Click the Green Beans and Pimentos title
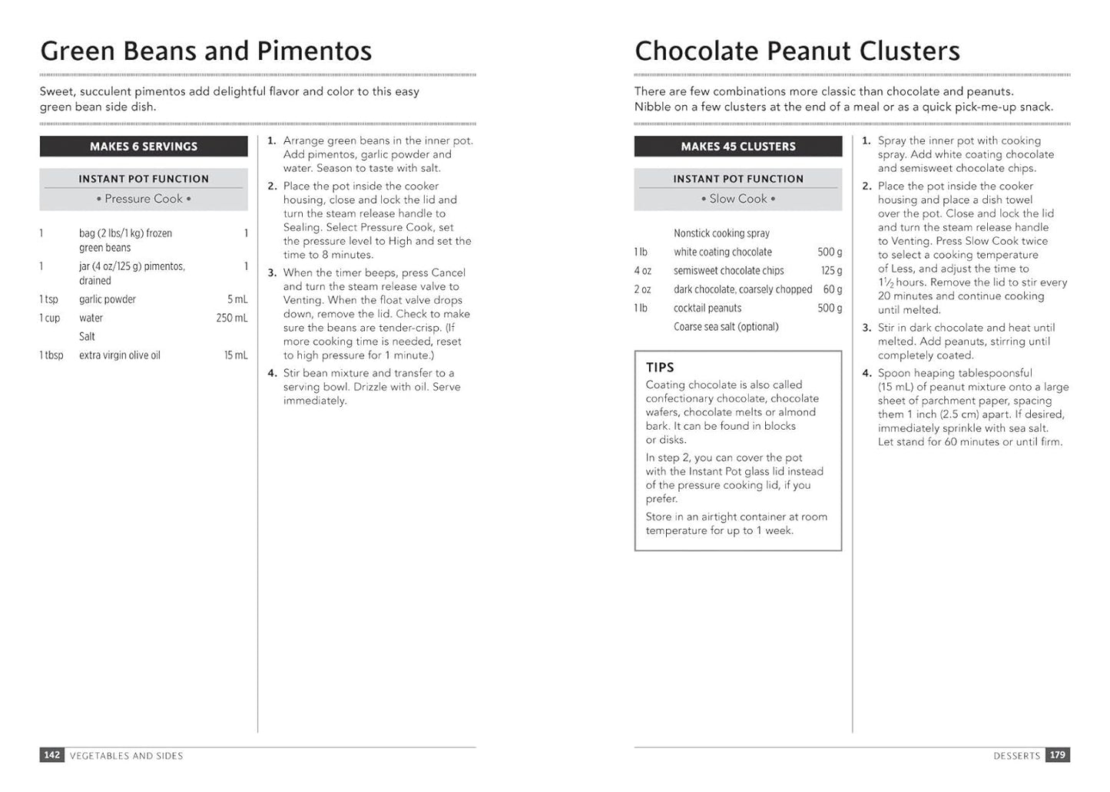(206, 51)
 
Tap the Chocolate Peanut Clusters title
(797, 51)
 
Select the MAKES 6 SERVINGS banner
(144, 147)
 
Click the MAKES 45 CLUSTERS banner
(737, 147)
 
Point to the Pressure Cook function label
(144, 199)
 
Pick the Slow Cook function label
(737, 199)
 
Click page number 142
(51, 755)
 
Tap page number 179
(1058, 755)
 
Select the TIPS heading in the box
(660, 368)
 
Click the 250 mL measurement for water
(232, 318)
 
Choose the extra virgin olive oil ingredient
(120, 355)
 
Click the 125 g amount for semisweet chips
(831, 271)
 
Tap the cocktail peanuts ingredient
(707, 309)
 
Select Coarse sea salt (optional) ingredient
(726, 327)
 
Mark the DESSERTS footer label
(1016, 756)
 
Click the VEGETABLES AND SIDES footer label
(127, 756)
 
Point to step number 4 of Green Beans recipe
(272, 373)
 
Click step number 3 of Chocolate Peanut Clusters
(866, 328)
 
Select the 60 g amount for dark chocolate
(833, 289)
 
